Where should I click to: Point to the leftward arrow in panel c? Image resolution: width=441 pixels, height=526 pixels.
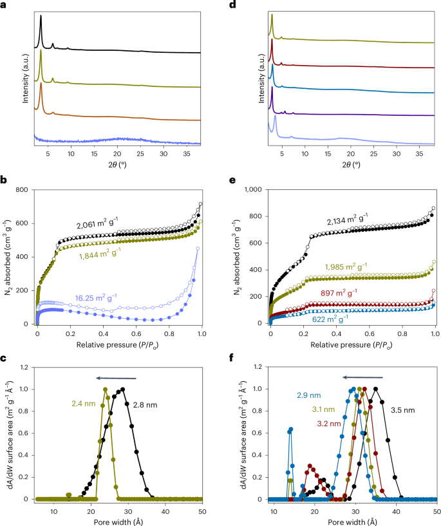116,379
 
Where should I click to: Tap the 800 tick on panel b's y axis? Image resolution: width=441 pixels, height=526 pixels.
23,190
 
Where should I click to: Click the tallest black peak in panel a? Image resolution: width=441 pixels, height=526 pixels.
41,17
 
